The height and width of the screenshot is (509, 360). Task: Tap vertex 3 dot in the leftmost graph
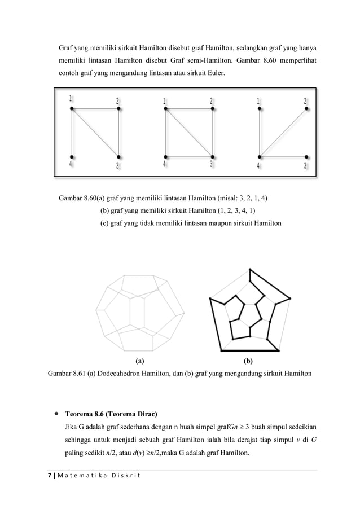pos(119,156)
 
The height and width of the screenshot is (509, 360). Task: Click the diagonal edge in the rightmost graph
pos(282,133)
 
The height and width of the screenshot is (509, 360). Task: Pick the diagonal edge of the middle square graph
pos(188,133)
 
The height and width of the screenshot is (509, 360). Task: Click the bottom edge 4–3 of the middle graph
pos(188,156)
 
